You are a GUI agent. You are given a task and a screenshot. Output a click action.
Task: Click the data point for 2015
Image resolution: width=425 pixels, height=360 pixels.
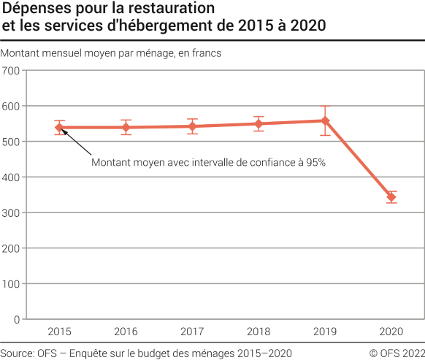click(x=60, y=128)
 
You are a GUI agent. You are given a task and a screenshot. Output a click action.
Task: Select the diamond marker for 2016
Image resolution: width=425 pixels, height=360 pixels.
click(x=126, y=128)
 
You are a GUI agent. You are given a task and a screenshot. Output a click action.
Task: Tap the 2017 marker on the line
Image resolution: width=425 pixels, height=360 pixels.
click(x=192, y=126)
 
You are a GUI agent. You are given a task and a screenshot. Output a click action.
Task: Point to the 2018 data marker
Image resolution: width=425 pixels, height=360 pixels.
click(x=259, y=123)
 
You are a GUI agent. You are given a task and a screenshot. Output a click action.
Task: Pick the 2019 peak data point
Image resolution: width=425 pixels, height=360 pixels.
click(x=325, y=120)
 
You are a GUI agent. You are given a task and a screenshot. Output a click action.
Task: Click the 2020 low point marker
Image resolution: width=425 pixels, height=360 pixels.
click(x=391, y=197)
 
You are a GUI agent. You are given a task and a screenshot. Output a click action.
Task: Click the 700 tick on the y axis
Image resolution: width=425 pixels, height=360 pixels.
click(x=12, y=71)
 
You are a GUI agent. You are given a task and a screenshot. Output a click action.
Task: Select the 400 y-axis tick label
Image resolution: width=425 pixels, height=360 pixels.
click(x=12, y=177)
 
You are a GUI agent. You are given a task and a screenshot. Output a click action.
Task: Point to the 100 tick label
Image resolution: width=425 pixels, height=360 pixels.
click(x=12, y=284)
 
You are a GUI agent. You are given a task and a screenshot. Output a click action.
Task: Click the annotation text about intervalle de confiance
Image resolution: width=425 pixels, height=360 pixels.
click(x=208, y=163)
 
